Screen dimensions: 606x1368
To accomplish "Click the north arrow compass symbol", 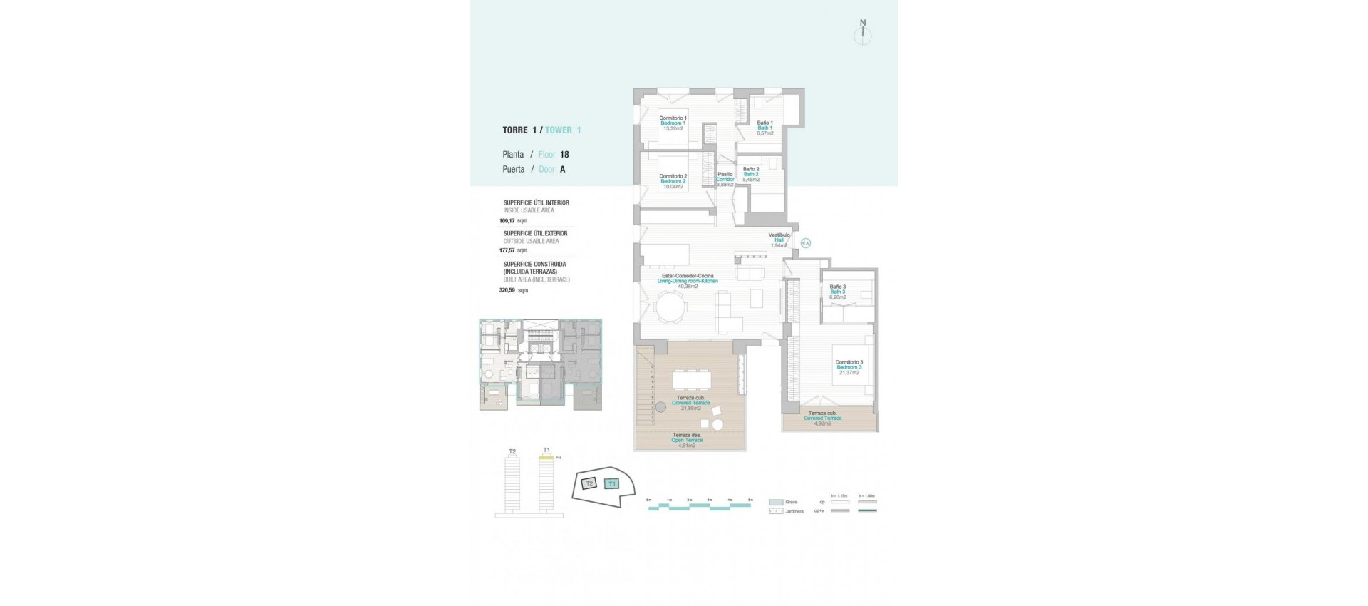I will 863,34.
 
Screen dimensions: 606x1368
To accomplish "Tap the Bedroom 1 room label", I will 673,123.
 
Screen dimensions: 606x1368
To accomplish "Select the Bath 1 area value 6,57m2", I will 765,133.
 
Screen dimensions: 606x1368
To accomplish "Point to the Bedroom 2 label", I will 673,181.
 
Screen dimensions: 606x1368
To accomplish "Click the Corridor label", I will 725,179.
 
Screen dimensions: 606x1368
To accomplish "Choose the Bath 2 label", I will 751,174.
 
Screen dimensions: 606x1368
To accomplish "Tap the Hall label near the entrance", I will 779,240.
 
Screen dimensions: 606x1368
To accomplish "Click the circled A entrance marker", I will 806,243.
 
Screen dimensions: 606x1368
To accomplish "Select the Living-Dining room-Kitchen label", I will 688,282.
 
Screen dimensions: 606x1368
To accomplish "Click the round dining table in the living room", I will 671,308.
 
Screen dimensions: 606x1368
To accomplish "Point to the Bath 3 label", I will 837,292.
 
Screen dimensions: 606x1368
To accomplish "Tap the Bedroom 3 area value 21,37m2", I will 849,373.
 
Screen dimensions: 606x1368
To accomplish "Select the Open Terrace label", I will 687,441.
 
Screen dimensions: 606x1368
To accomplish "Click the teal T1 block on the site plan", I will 611,484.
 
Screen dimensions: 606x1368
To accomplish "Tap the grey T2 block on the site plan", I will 589,484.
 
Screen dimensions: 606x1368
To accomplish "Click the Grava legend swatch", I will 776,502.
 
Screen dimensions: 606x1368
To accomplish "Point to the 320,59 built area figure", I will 507,290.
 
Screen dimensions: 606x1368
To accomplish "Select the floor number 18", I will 564,155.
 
